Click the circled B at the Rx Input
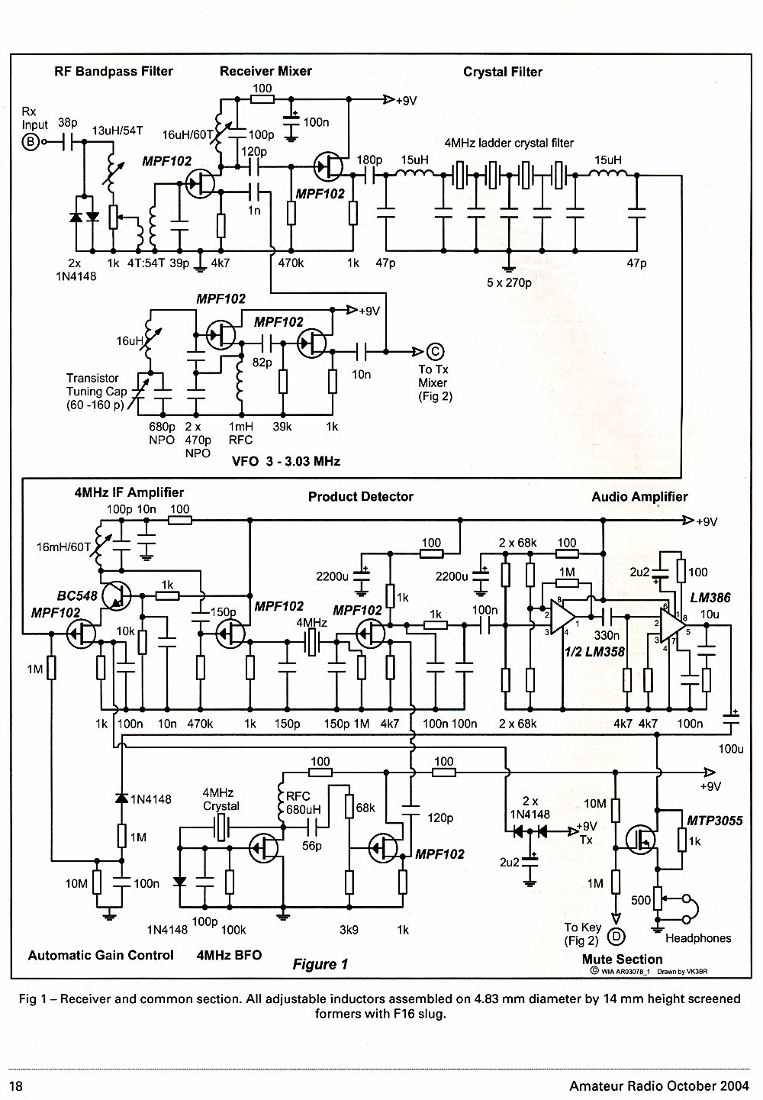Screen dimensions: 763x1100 pos(30,142)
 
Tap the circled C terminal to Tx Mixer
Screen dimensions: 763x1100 pos(435,352)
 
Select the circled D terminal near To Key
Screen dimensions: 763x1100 pos(617,937)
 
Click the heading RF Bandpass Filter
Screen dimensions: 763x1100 pos(114,71)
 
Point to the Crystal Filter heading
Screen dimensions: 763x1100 pos(503,72)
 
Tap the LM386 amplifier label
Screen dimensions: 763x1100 pos(710,598)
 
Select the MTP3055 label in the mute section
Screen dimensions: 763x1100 pos(714,821)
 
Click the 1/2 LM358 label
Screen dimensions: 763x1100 pos(594,652)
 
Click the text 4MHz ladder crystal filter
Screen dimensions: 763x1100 pos(509,144)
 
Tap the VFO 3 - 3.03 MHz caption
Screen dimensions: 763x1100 pos(286,461)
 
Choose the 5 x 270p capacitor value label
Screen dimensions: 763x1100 pos(509,283)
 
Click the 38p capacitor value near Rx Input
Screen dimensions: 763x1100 pos(68,122)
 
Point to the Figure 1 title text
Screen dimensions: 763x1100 pos(320,964)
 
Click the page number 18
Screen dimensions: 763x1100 pos(16,1085)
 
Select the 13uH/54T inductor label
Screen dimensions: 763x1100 pos(118,131)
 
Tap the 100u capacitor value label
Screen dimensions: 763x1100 pos(731,749)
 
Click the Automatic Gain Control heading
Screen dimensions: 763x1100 pos(101,955)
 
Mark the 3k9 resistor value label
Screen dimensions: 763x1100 pos(349,930)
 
